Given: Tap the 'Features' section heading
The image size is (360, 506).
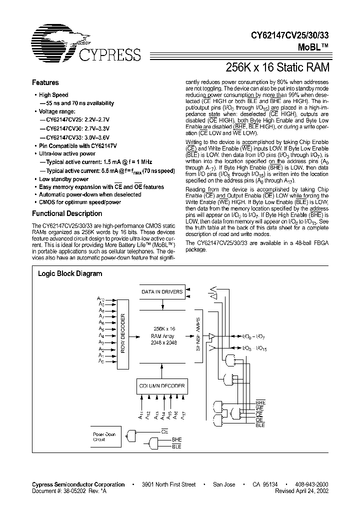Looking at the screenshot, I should point(45,83).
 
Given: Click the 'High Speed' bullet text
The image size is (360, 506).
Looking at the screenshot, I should point(53,95).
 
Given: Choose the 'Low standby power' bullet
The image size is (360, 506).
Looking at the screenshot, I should point(63,179).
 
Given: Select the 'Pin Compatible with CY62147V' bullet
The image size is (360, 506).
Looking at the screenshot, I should point(77,145).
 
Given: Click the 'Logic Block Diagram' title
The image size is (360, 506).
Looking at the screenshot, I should point(70,274).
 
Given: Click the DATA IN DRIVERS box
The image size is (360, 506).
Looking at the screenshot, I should point(162,291).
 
